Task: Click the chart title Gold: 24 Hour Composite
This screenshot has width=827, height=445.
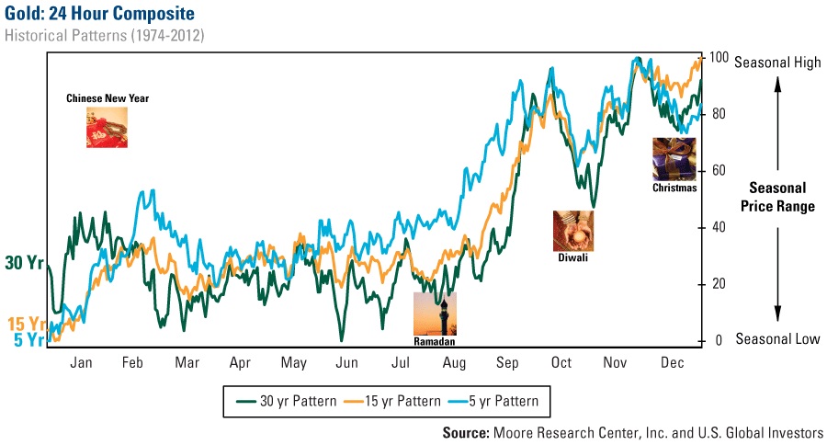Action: [x=98, y=14]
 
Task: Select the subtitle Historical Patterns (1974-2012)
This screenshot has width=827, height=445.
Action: [x=104, y=36]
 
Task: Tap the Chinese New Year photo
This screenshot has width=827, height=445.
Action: [x=108, y=128]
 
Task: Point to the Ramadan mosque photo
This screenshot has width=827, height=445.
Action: [x=435, y=313]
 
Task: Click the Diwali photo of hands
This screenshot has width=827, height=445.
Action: [x=572, y=231]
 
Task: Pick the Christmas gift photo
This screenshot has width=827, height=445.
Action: [x=674, y=159]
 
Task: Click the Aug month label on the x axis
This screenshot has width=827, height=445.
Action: [x=455, y=363]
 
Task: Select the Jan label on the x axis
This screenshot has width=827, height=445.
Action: [x=81, y=363]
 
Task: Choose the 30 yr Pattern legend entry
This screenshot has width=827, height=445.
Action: [x=287, y=401]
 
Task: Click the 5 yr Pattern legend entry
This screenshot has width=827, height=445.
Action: [x=492, y=401]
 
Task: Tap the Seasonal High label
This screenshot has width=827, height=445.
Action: [x=777, y=63]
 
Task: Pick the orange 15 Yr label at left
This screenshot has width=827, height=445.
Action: [x=26, y=324]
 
